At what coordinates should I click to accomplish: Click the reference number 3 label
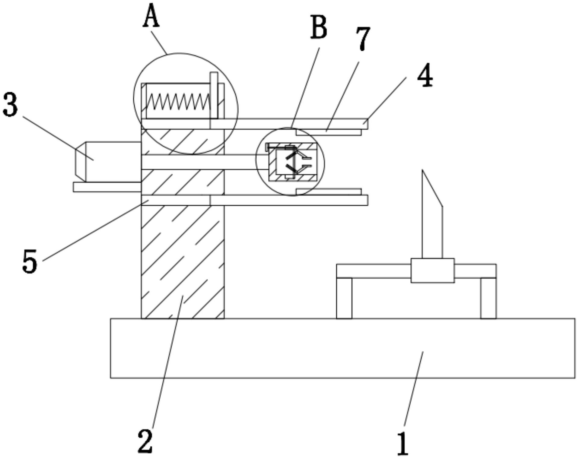[x=11, y=105]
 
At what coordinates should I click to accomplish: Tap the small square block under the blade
[x=432, y=271]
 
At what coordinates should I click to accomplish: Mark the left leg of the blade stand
[x=344, y=298]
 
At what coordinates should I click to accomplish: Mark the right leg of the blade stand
[x=488, y=298]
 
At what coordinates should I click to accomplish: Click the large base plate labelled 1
[x=342, y=348]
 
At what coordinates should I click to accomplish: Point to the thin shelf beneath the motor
[x=107, y=187]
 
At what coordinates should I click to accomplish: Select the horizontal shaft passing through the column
[x=199, y=162]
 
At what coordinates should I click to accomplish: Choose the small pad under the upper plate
[x=329, y=132]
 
